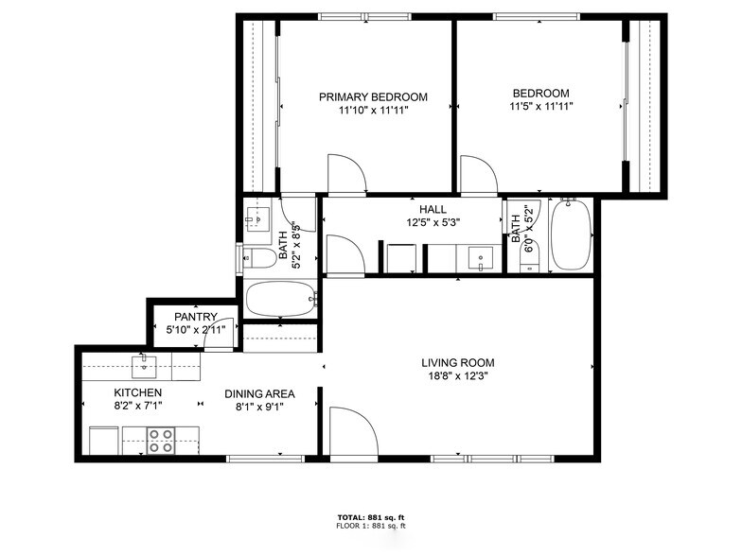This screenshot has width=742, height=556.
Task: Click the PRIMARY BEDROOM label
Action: pyautogui.click(x=372, y=96)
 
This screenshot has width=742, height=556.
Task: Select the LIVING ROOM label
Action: pyautogui.click(x=457, y=362)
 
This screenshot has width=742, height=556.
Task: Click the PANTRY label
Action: pyautogui.click(x=196, y=317)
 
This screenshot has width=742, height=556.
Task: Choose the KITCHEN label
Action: pyautogui.click(x=138, y=392)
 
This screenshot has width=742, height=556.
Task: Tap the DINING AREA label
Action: pyautogui.click(x=259, y=393)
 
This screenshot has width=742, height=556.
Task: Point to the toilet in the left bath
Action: pyautogui.click(x=257, y=257)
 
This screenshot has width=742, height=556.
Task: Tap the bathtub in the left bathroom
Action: pyautogui.click(x=280, y=302)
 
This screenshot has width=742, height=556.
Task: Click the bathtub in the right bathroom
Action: pyautogui.click(x=571, y=235)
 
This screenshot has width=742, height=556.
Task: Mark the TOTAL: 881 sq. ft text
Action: pyautogui.click(x=370, y=516)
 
